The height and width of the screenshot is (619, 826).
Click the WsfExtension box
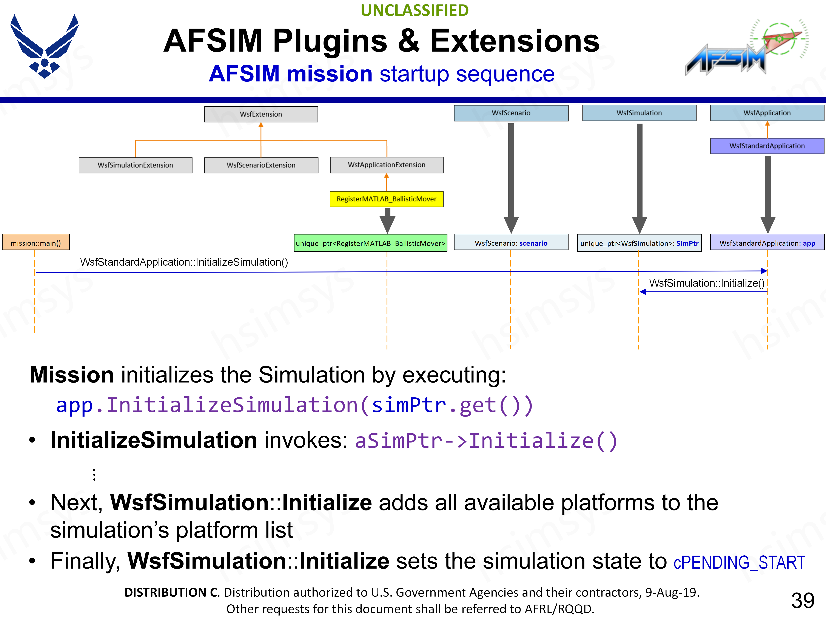(x=261, y=114)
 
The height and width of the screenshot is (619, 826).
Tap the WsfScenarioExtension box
(x=261, y=165)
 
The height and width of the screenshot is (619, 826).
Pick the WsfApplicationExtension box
(x=387, y=165)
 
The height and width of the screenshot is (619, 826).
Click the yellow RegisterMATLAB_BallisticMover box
(x=387, y=199)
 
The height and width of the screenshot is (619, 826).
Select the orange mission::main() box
(x=36, y=243)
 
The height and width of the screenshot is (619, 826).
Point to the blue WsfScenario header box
(x=511, y=113)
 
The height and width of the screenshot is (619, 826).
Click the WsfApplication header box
(x=767, y=113)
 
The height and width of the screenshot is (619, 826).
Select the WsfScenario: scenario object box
(x=511, y=243)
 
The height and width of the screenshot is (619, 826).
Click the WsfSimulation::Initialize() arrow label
(x=706, y=283)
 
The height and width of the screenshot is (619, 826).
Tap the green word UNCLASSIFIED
(x=415, y=11)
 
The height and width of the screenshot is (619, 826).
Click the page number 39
(x=803, y=600)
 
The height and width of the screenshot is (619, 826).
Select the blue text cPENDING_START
(x=739, y=562)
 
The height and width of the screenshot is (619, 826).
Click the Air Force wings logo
(x=45, y=46)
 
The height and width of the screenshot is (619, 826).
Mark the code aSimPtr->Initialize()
(x=486, y=441)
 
